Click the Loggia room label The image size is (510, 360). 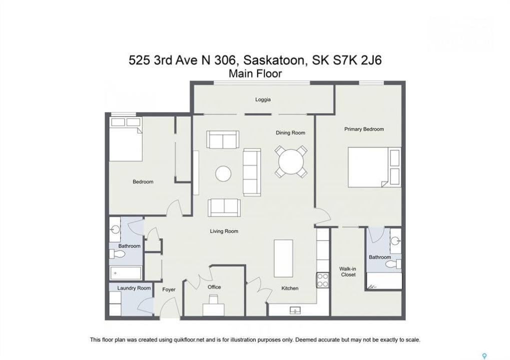(x=263, y=99)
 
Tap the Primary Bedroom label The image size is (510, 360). (x=364, y=129)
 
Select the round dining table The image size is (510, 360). (x=291, y=161)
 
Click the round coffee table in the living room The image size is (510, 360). (x=223, y=173)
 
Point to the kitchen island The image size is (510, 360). (x=283, y=258)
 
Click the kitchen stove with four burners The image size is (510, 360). (x=323, y=280)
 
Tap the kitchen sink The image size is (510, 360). (x=295, y=310)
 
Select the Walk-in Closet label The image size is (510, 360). (x=348, y=271)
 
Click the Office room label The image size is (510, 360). (x=214, y=287)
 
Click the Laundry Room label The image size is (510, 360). (x=134, y=288)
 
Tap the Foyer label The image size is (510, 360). (x=169, y=289)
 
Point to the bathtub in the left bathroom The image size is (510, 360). (x=126, y=273)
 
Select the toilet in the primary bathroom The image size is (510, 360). (x=394, y=263)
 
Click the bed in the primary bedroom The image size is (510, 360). (x=374, y=167)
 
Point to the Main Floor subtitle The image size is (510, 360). (x=255, y=74)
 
